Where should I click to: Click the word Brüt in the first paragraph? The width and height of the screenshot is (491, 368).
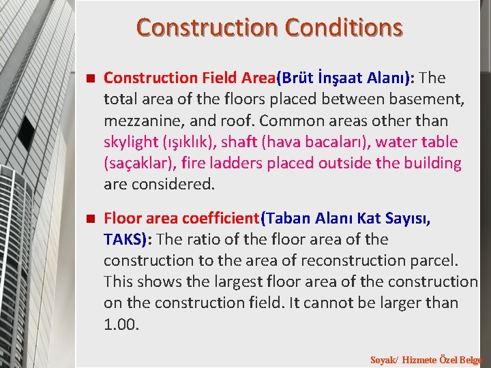pyautogui.click(x=299, y=78)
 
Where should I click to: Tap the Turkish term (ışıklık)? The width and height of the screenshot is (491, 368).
pyautogui.click(x=188, y=142)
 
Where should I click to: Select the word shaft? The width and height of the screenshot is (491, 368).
pyautogui.click(x=239, y=142)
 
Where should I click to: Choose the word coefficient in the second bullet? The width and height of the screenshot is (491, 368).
pyautogui.click(x=221, y=218)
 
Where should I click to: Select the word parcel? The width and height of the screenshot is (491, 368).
pyautogui.click(x=437, y=260)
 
